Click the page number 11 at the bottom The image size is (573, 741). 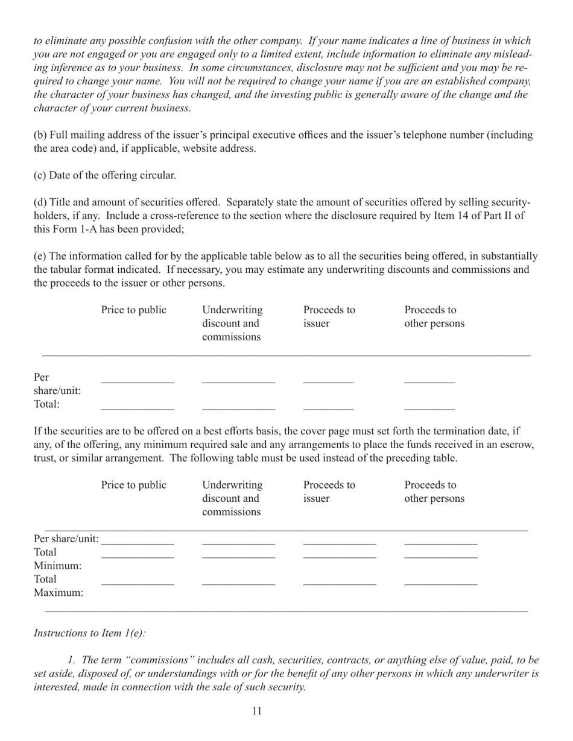click(x=257, y=711)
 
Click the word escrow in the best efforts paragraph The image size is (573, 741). click(x=519, y=445)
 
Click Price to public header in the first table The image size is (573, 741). click(x=134, y=311)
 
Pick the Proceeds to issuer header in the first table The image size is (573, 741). click(x=329, y=317)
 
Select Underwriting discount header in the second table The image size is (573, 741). click(x=232, y=498)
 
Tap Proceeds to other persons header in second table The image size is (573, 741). click(x=434, y=492)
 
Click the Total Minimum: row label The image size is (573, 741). click(x=57, y=559)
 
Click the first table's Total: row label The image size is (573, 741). click(x=47, y=404)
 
